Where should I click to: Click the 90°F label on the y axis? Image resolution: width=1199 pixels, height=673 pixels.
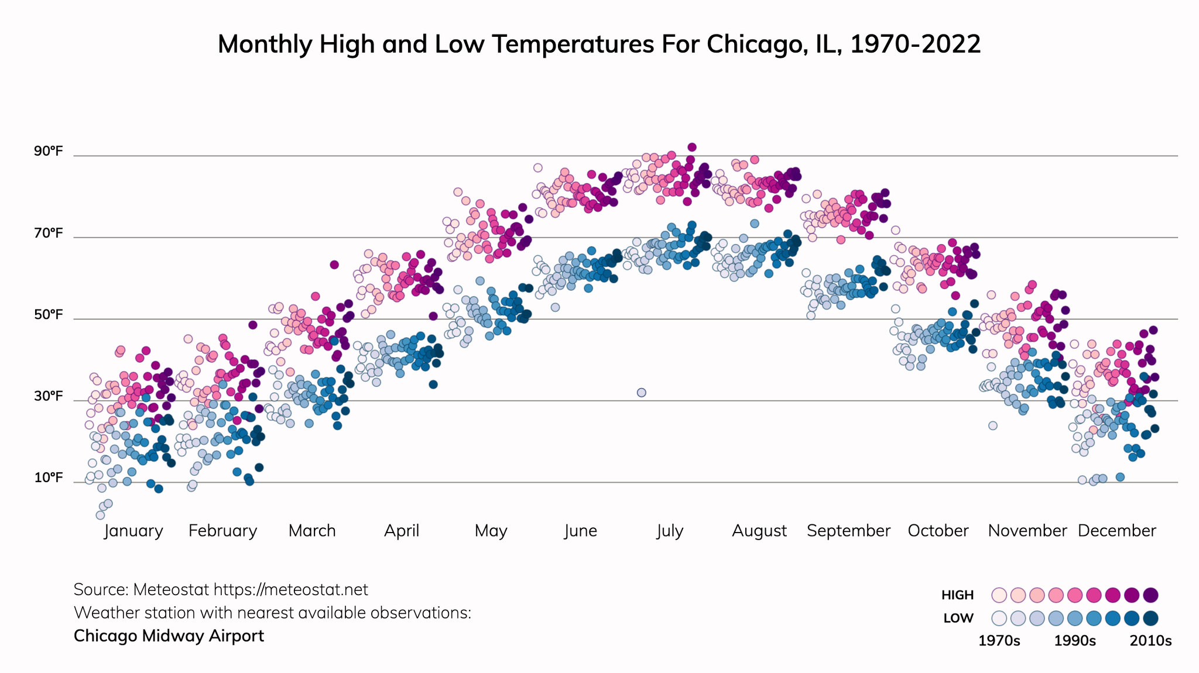coord(48,152)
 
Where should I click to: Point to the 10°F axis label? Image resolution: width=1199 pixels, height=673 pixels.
coord(48,478)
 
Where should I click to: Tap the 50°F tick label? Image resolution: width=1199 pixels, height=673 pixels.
coord(48,315)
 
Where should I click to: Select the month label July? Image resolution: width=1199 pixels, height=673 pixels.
coord(670,531)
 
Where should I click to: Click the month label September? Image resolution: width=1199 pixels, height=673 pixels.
coord(848,531)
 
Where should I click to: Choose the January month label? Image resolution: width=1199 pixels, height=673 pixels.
coord(133,531)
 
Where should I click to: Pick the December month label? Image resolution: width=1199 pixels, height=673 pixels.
coord(1116,531)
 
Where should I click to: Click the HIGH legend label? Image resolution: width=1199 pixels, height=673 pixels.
coord(957,595)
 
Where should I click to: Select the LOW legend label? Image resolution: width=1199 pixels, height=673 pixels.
coord(958,618)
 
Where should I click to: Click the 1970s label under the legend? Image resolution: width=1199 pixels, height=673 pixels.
coord(999,641)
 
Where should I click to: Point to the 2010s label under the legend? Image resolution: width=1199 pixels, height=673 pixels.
coord(1150,641)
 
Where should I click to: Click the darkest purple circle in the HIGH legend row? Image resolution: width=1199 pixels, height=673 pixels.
coord(1150,595)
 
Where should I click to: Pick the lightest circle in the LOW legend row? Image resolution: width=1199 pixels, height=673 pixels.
coord(999,618)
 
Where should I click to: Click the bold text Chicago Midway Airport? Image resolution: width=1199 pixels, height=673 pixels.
coord(169,636)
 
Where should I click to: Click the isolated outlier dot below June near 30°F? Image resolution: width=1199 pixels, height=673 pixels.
coord(641,392)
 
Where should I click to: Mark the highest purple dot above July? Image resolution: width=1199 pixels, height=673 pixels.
coord(692,147)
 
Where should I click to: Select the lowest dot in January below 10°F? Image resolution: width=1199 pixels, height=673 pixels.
coord(100,515)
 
